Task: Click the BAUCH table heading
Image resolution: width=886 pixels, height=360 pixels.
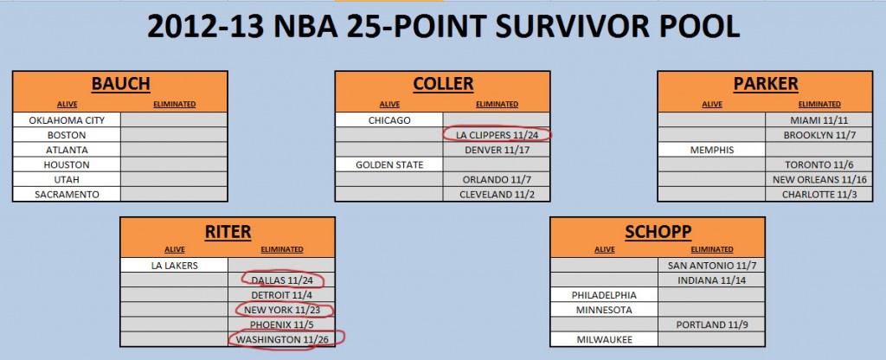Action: click(x=120, y=84)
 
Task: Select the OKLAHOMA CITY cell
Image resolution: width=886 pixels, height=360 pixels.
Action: click(x=67, y=119)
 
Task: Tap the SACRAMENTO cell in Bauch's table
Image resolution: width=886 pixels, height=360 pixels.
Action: click(x=67, y=195)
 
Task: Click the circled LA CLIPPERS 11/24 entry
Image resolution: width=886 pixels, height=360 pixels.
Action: click(x=497, y=135)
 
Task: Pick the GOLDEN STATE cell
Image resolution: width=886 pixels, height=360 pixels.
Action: click(x=389, y=165)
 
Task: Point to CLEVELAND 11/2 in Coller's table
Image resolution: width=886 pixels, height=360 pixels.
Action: click(x=497, y=195)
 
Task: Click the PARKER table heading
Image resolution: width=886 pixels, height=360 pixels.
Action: click(x=766, y=84)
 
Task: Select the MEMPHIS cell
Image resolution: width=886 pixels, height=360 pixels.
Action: click(x=712, y=150)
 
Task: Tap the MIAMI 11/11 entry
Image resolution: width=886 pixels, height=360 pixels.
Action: click(x=819, y=119)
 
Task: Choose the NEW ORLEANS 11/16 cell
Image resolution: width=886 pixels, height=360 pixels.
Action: click(x=819, y=180)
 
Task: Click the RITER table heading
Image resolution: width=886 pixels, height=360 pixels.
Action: click(x=228, y=231)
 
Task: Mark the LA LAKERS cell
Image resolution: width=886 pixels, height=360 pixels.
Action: click(x=175, y=265)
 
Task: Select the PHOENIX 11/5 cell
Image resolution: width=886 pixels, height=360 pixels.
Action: click(x=281, y=325)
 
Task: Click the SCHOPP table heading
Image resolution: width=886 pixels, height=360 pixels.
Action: click(x=658, y=231)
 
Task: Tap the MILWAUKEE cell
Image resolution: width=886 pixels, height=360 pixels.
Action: click(x=605, y=339)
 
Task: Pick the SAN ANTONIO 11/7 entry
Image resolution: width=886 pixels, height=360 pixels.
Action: click(x=712, y=265)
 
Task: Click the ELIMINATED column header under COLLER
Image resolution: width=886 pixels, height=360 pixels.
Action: click(x=498, y=104)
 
